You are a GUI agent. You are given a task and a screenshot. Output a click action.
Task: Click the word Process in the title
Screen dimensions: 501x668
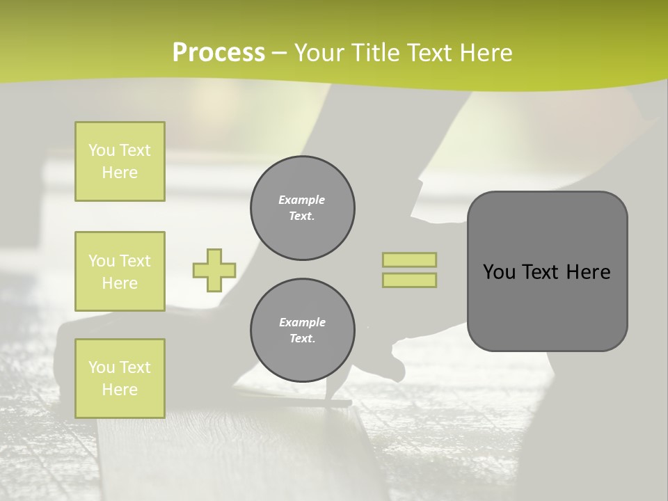coord(218,53)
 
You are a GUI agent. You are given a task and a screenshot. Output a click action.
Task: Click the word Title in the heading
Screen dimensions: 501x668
coord(374,53)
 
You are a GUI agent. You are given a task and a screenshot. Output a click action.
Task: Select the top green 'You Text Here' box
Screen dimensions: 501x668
coord(120,161)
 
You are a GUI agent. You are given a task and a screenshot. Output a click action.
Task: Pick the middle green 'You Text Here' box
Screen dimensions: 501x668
coord(120,271)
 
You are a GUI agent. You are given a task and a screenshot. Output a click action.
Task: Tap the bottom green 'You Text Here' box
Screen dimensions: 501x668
coord(120,379)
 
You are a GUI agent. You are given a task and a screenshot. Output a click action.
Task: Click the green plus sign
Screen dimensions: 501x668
coord(214,270)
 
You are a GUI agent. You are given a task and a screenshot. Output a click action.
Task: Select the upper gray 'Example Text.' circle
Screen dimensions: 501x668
coord(303,208)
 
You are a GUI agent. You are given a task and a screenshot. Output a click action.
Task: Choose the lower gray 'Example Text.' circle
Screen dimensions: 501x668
coord(303,331)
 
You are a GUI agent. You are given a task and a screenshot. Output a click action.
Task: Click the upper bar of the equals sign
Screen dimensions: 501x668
coord(410,260)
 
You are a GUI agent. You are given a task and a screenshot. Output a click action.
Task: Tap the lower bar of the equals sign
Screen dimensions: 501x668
coord(410,280)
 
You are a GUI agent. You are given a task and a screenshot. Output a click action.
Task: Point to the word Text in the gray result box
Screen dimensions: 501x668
coord(540,272)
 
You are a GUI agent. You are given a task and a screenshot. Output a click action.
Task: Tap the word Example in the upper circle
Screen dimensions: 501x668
coord(302,200)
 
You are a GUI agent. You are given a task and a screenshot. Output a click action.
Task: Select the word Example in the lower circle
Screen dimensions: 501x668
coord(302,322)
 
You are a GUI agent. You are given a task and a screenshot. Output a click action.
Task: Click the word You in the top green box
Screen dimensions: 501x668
coord(102,150)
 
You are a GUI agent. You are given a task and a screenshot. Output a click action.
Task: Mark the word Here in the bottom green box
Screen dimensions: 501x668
coord(120,390)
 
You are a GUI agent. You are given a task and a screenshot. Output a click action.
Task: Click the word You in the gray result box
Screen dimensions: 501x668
coord(499,272)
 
